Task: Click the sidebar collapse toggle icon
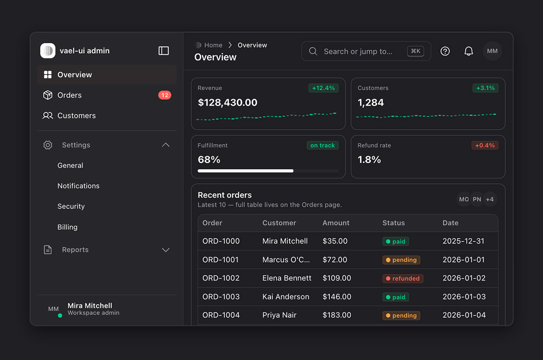[x=163, y=51]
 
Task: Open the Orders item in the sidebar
[x=69, y=95]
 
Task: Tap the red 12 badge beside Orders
[x=165, y=95]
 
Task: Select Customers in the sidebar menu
[x=76, y=115]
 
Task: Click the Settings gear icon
[x=48, y=145]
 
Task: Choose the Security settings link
[x=71, y=206]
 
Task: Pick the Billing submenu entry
[x=67, y=227]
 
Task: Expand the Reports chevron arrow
[x=166, y=250]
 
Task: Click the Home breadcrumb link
[x=213, y=45]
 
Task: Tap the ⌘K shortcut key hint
[x=416, y=51]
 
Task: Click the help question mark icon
[x=445, y=51]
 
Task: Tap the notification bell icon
[x=468, y=51]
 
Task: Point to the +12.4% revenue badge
[x=323, y=88]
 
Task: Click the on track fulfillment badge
[x=322, y=145]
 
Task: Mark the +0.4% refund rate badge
[x=485, y=145]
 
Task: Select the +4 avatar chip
[x=490, y=199]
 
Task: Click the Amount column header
[x=336, y=223]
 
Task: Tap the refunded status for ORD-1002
[x=403, y=278]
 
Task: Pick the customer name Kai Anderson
[x=286, y=296]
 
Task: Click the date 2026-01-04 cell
[x=464, y=315]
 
